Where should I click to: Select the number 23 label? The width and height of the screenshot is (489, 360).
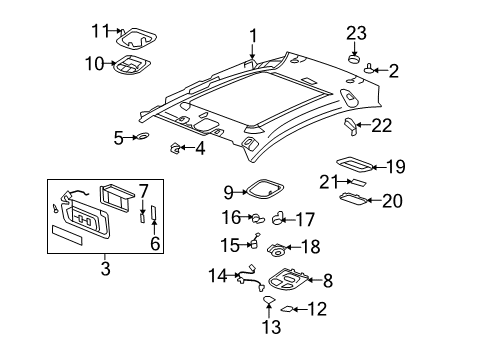click(357, 32)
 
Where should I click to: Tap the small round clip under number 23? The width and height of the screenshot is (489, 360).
click(353, 59)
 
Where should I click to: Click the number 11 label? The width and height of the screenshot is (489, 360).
click(98, 30)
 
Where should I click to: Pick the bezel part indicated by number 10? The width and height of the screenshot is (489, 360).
click(130, 67)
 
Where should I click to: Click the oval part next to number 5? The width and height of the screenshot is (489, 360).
click(143, 136)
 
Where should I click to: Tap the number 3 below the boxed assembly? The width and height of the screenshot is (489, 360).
click(104, 268)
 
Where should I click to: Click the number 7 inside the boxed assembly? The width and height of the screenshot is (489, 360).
click(143, 190)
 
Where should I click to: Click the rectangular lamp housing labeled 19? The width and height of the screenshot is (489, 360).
click(352, 164)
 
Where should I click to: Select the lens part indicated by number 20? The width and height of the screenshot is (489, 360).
click(353, 200)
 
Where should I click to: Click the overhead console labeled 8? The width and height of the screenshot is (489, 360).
click(285, 284)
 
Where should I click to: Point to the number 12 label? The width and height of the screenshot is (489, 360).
click(316, 310)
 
